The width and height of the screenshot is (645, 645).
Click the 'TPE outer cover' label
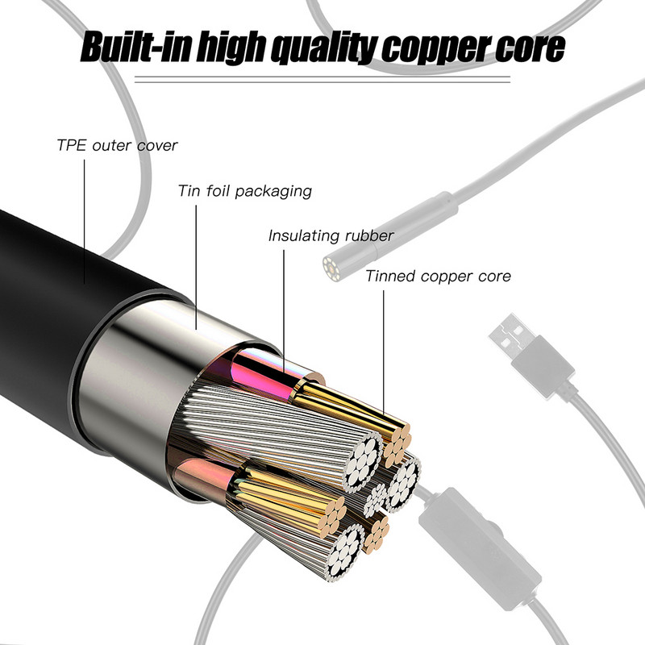pos(116,146)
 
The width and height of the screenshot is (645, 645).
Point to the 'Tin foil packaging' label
pos(244,191)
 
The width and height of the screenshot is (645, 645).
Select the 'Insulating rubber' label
pos(331,235)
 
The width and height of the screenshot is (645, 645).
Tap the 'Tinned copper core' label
pos(438,276)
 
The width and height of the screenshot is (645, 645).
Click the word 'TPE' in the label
pos(69,146)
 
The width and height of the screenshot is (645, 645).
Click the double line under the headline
pos(322,78)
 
